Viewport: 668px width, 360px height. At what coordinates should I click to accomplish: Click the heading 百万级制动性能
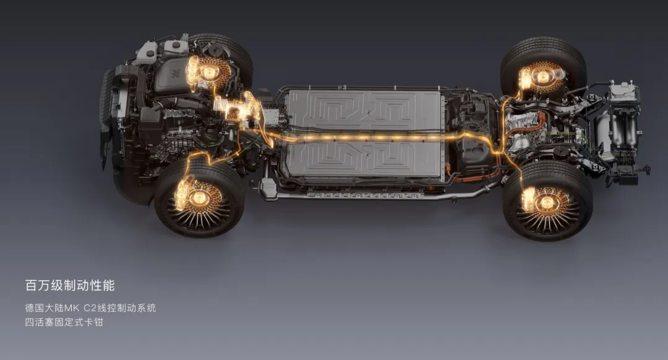pyautogui.click(x=70, y=285)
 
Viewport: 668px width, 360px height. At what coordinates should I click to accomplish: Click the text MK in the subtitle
pyautogui.click(x=72, y=307)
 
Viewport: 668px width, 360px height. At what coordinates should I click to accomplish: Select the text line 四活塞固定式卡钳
pyautogui.click(x=64, y=322)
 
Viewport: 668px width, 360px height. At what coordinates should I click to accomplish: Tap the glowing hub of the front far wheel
pyautogui.click(x=209, y=72)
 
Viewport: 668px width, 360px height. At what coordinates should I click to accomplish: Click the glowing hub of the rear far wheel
pyautogui.click(x=543, y=77)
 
